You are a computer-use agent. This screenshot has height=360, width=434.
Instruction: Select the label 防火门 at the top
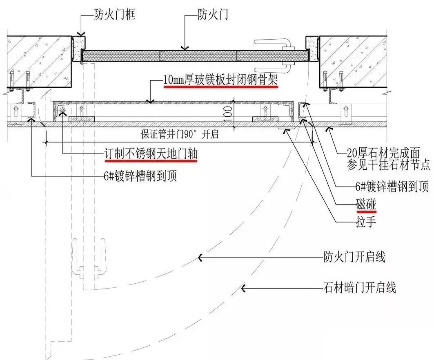213,16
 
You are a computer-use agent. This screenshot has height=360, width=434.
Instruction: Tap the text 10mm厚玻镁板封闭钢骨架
220,80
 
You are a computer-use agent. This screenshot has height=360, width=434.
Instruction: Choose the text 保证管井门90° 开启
180,135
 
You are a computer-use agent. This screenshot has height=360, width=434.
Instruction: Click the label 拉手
366,222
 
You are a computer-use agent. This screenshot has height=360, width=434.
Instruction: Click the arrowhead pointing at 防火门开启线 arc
200,257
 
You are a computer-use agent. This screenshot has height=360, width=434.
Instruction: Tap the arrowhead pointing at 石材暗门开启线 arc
243,288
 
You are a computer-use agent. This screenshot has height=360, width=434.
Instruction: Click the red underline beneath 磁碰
366,212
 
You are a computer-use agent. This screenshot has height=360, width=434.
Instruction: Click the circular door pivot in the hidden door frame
62,111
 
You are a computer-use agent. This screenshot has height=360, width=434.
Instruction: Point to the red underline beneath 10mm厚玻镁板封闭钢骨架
220,87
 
